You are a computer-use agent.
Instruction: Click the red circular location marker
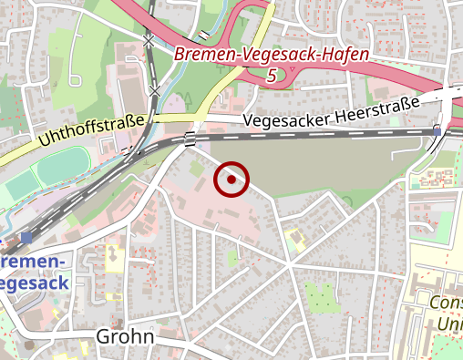click(231, 180)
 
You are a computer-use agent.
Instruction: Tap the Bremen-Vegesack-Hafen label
click(273, 56)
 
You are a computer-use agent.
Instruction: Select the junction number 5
click(272, 77)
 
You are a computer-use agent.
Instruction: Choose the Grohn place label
click(125, 337)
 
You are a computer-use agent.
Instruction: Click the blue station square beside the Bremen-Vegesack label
click(26, 238)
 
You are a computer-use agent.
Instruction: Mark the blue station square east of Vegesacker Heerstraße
click(437, 131)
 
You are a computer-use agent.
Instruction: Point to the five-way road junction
click(288, 264)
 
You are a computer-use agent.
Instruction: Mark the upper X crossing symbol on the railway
click(148, 41)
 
